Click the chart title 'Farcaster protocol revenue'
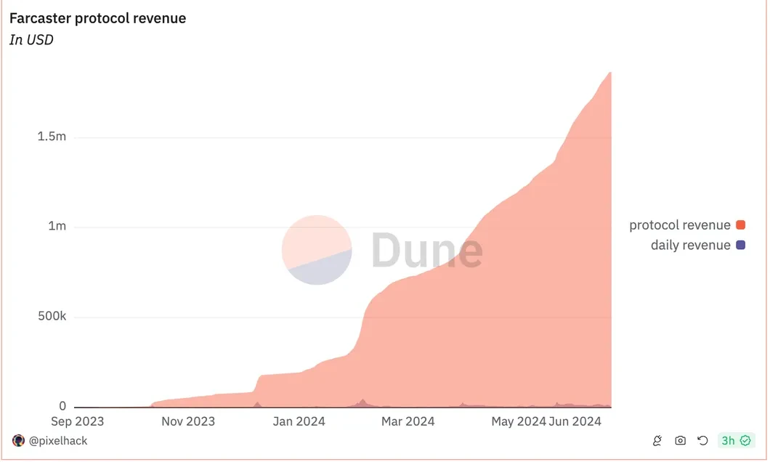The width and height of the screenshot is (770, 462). click(97, 18)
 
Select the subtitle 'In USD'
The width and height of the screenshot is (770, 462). click(31, 40)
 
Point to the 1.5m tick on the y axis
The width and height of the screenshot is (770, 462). click(52, 137)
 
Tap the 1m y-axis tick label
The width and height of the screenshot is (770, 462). click(57, 227)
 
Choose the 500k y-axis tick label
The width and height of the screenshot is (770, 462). click(52, 317)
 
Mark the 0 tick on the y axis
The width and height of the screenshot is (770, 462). click(62, 406)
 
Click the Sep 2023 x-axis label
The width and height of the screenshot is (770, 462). click(77, 421)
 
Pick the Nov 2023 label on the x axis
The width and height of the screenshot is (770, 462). click(188, 421)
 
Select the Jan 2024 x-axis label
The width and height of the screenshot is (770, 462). click(300, 421)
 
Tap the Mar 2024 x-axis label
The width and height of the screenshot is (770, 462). click(408, 421)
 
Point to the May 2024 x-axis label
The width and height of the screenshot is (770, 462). click(518, 421)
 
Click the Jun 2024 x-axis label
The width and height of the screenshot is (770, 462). click(575, 421)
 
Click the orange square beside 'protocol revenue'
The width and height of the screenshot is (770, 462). click(741, 225)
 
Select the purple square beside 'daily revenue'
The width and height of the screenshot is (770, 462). click(741, 246)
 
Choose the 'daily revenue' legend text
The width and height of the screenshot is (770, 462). click(690, 246)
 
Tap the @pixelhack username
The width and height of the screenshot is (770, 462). click(57, 441)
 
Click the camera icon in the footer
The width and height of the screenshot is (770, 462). click(681, 441)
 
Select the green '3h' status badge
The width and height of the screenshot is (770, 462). click(736, 441)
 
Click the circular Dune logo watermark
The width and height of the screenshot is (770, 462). click(317, 250)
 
